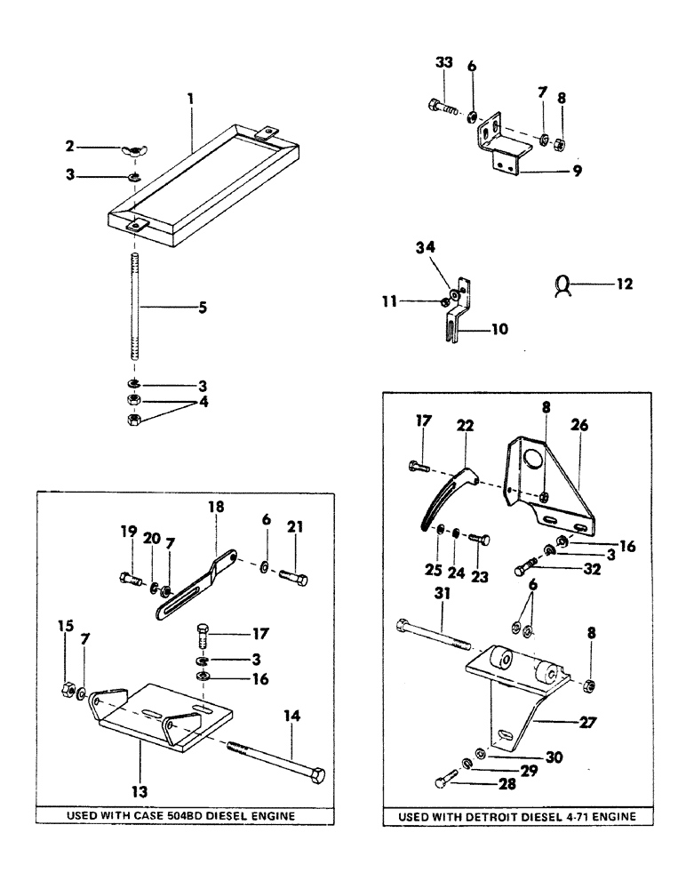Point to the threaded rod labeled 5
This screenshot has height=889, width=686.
135,307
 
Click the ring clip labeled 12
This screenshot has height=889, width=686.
562,286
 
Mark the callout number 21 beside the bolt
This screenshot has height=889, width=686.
295,532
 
